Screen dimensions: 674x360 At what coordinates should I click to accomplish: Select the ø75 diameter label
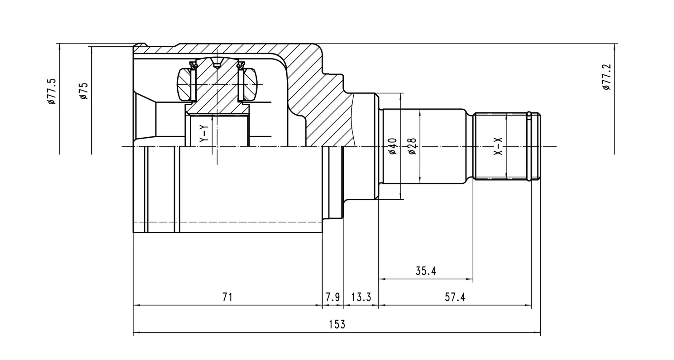pos(84,91)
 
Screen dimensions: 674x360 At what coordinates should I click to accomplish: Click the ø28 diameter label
pos(412,146)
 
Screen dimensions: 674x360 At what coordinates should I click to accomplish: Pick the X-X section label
pos(498,147)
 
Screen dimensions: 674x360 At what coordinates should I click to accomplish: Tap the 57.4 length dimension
pos(455,297)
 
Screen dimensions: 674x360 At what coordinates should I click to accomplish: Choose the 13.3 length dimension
pos(361,297)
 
